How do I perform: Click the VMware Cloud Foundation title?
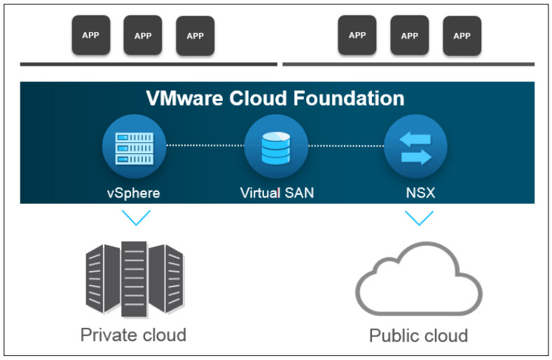[275, 97]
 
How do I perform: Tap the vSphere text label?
[133, 192]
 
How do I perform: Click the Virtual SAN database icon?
[275, 148]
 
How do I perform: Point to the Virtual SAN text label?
[277, 192]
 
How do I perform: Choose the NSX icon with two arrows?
[415, 148]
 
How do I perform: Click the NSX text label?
[418, 192]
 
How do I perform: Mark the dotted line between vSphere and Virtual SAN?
[204, 146]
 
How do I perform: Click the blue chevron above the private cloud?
[135, 217]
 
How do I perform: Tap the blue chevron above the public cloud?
[419, 217]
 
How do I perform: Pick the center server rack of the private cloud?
[134, 279]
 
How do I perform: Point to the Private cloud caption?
[133, 334]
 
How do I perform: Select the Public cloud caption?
[418, 335]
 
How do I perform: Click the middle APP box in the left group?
[143, 36]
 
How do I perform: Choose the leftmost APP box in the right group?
[357, 35]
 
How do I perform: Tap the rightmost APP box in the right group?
[462, 35]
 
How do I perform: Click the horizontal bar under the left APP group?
[149, 64]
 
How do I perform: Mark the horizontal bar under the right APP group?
[408, 64]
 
